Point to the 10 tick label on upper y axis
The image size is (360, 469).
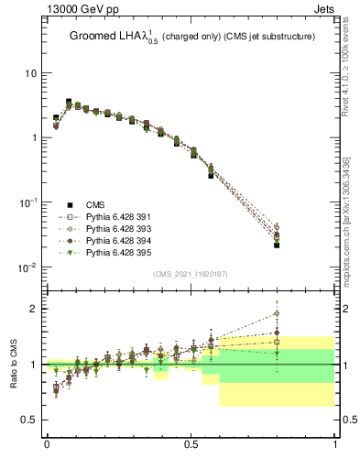click(x=29, y=73)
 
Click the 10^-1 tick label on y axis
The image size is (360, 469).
click(x=27, y=202)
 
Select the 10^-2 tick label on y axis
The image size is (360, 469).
click(x=27, y=267)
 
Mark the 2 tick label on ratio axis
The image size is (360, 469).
click(x=34, y=309)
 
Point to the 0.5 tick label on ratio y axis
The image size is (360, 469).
click(x=29, y=420)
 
